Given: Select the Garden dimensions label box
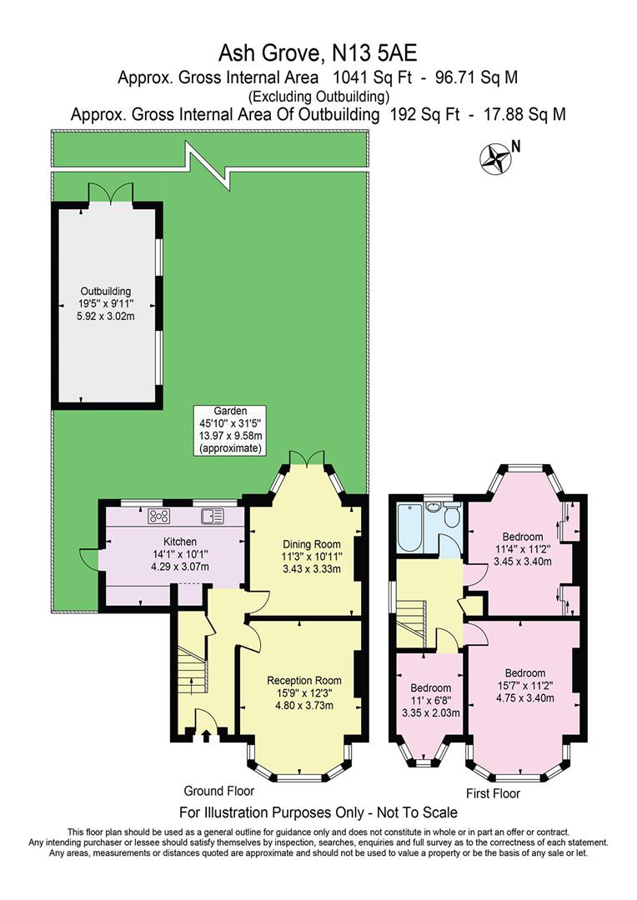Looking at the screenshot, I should click(x=230, y=429).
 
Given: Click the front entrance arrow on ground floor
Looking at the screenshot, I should click(x=206, y=734).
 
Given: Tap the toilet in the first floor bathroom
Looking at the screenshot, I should click(x=451, y=517).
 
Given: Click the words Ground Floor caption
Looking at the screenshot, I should click(x=219, y=791).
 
